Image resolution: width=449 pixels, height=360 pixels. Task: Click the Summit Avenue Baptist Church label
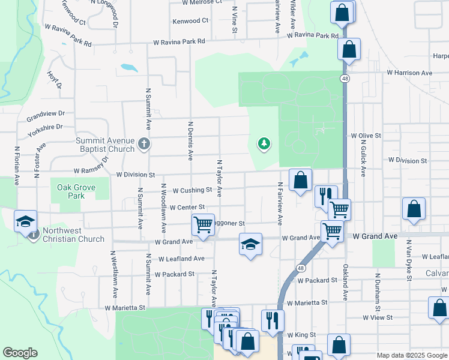[x=105, y=145]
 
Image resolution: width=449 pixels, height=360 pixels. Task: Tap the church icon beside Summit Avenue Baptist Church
[x=143, y=143]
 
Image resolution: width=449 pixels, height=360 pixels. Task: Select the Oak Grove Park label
[x=76, y=191]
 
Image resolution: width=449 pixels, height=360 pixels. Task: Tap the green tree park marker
[x=263, y=143]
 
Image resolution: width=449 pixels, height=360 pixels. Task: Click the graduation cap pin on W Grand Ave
[x=250, y=244]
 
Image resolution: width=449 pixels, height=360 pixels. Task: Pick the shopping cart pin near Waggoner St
[x=203, y=224]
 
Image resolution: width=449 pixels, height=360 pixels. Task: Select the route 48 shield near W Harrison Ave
[x=344, y=79]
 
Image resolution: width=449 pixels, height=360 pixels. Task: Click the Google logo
[x=20, y=353]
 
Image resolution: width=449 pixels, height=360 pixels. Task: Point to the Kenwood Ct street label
[x=190, y=21]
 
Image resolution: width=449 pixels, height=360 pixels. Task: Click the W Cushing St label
[x=193, y=190]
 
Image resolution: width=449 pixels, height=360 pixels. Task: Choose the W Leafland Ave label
[x=181, y=259]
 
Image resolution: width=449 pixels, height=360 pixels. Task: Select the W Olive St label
[x=366, y=136]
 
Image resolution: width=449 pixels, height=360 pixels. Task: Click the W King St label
[x=301, y=335]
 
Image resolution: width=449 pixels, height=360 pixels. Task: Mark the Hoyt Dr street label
[x=55, y=80]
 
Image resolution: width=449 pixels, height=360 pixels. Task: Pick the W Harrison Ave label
[x=409, y=73]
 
